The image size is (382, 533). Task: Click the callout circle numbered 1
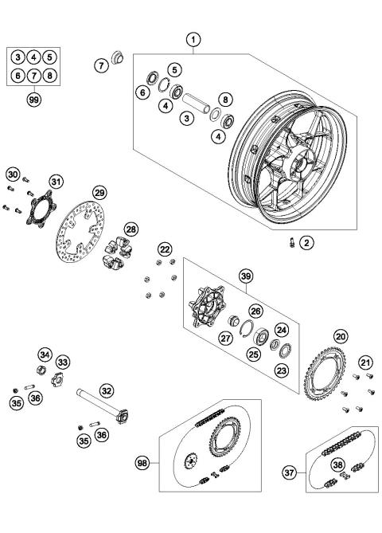(192, 38)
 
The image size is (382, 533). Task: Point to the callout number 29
(99, 193)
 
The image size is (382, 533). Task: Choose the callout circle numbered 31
(56, 182)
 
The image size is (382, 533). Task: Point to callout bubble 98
(142, 461)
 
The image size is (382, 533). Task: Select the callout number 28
(131, 229)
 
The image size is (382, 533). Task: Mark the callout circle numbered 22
(164, 249)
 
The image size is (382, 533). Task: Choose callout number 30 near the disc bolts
(12, 174)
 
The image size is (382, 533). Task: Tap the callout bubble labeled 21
(366, 363)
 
